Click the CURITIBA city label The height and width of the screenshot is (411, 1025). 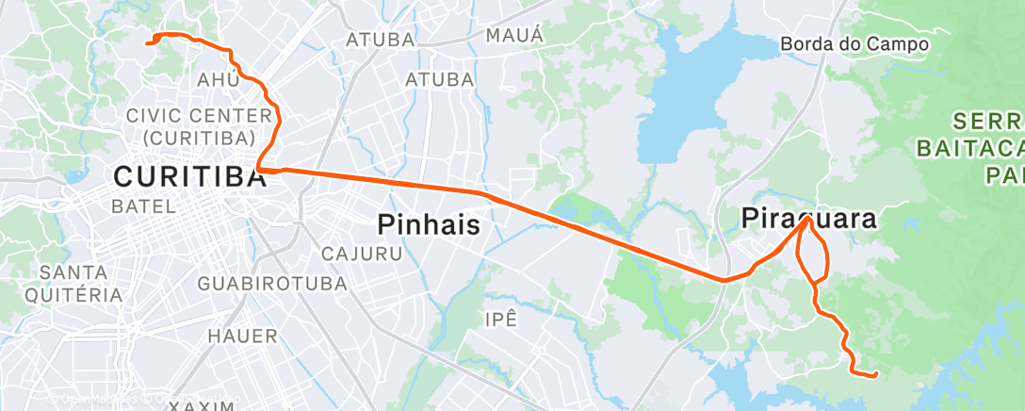tap(188, 176)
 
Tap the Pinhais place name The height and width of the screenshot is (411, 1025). tap(430, 224)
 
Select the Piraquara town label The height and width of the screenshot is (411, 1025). tap(808, 220)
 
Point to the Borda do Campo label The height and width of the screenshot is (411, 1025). tap(854, 43)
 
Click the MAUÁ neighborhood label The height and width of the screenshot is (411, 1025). tap(514, 35)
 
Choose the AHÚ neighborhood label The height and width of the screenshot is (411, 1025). tap(218, 79)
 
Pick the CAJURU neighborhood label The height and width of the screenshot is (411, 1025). tap(362, 253)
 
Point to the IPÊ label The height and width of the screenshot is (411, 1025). tap(501, 319)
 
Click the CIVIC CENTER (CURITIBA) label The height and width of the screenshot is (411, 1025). tap(193, 126)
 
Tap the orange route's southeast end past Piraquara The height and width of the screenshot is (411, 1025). tap(876, 375)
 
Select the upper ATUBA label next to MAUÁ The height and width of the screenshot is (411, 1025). tap(381, 40)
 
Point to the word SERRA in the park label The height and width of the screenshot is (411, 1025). tap(986, 122)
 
